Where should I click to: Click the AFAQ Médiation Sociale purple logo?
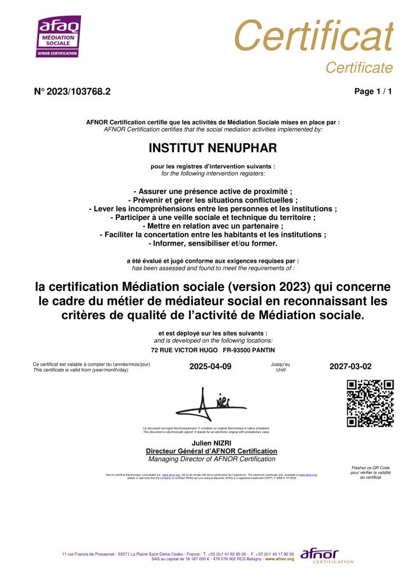point(58,37)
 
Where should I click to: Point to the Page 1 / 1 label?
point(373,92)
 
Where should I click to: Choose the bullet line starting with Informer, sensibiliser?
point(213,244)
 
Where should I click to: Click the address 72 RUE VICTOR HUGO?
point(186,350)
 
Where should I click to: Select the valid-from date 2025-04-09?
point(210,366)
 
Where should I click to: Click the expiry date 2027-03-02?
point(350,366)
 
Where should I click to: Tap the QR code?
point(370,403)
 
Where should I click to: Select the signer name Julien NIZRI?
point(211,443)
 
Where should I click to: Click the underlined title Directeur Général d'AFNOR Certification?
point(211,451)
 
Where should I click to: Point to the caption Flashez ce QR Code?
point(370,467)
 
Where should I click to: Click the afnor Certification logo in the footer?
point(327,556)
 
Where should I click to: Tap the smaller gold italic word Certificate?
point(359,68)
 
